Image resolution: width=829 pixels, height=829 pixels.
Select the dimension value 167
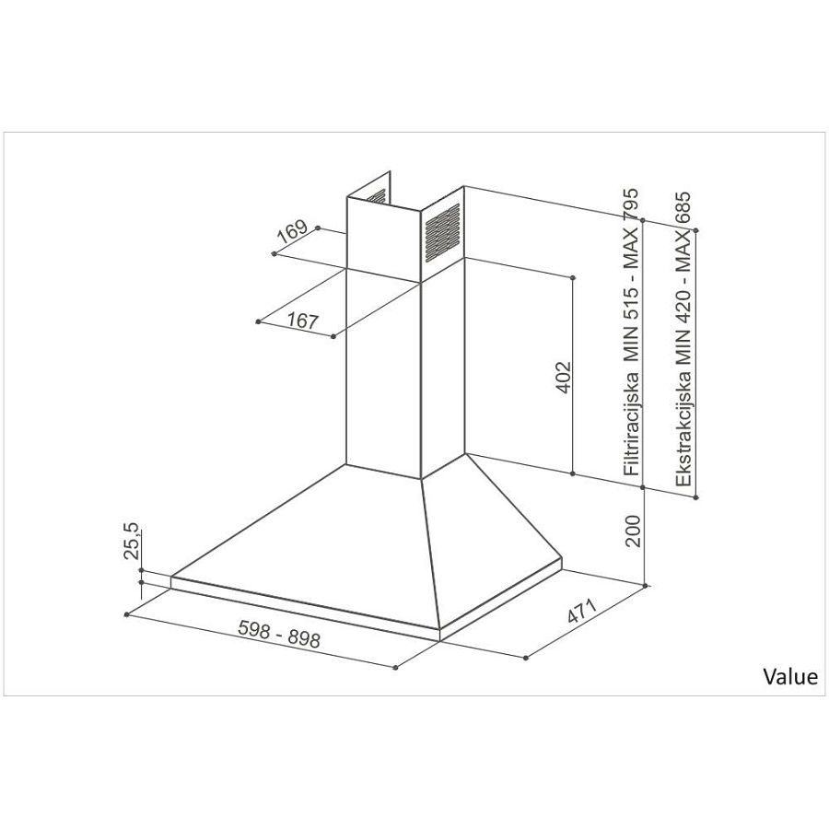(302, 321)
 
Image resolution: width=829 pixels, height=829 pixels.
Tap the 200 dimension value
(633, 531)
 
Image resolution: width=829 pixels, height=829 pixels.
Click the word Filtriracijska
(633, 423)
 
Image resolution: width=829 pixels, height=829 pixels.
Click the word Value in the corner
(789, 677)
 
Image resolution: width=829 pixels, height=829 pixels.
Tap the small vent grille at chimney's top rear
(377, 196)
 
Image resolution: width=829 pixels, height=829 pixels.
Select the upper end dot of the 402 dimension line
(574, 276)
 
